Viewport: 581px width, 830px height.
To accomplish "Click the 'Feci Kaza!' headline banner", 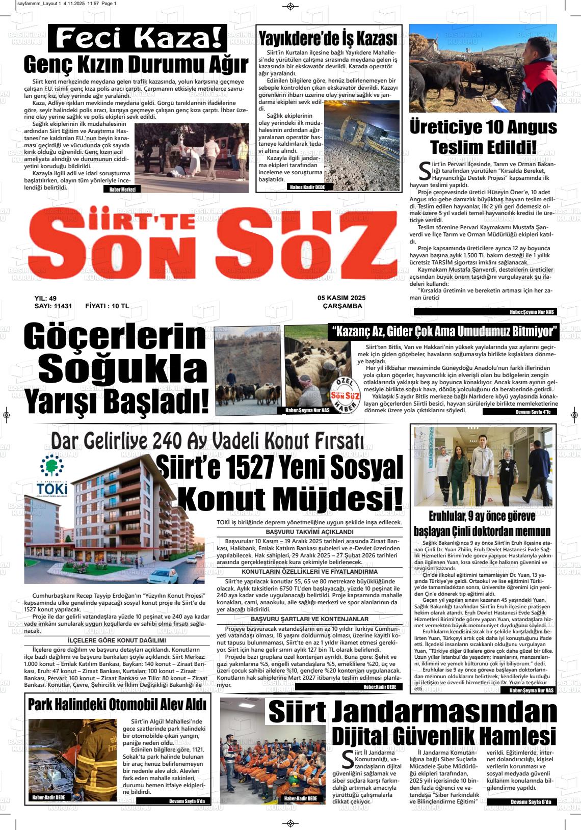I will (x=138, y=38).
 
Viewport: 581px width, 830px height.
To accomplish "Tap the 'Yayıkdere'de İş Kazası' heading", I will (x=328, y=39).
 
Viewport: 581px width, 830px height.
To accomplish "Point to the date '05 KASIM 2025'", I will (x=341, y=298).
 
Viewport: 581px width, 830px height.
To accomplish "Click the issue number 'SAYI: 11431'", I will (x=53, y=306).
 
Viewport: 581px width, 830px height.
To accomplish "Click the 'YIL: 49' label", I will (x=45, y=298).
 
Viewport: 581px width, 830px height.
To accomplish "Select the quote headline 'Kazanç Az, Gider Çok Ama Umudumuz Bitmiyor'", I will (x=443, y=332).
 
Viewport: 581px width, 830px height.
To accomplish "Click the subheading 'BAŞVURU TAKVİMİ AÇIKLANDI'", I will (x=309, y=531).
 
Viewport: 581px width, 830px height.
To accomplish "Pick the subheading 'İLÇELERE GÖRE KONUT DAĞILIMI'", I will (x=117, y=640).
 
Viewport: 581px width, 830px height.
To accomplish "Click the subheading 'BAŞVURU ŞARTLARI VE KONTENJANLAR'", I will (x=309, y=619).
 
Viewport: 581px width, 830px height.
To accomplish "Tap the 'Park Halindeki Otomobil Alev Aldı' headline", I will (x=117, y=705).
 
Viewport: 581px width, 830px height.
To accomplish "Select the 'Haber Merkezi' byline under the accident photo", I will (x=122, y=189).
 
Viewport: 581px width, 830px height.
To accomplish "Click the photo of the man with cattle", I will (x=483, y=68).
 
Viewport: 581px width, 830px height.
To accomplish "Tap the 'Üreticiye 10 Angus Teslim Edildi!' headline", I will (x=483, y=137).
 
